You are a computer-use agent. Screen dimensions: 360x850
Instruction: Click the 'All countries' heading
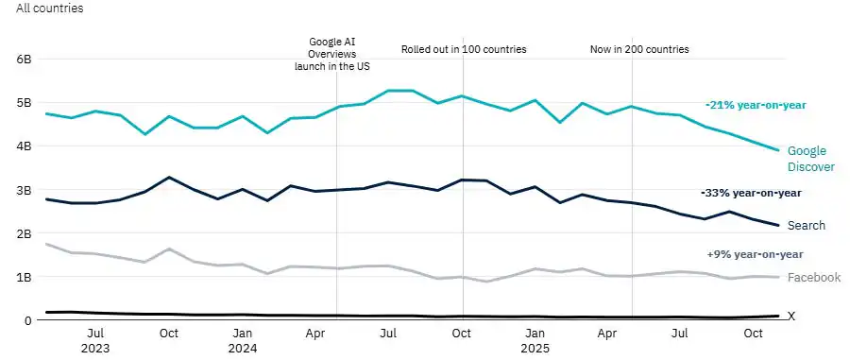click(x=49, y=9)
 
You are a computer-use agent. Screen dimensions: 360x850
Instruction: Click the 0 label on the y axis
click(x=28, y=321)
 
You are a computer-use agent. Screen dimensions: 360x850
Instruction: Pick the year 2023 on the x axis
click(x=95, y=348)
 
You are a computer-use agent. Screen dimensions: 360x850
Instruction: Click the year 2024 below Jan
click(x=243, y=348)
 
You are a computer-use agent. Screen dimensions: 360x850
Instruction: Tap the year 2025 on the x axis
click(x=535, y=348)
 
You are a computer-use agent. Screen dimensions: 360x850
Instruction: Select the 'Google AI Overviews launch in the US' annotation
click(x=337, y=54)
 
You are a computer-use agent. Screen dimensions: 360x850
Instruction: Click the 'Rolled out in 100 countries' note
click(x=464, y=49)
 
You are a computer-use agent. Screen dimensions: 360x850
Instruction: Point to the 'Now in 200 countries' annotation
click(x=639, y=49)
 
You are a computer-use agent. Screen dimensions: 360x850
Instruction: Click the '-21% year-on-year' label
click(x=756, y=105)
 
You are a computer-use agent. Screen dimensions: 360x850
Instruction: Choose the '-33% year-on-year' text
click(x=752, y=193)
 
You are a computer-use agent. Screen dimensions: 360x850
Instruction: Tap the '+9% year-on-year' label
click(x=755, y=254)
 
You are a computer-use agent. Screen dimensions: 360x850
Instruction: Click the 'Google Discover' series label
click(x=810, y=159)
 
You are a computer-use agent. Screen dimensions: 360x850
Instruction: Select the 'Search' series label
click(x=807, y=226)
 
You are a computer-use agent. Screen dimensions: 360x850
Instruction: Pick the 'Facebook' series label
click(x=814, y=278)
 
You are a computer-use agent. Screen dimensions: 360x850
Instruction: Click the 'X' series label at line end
click(x=791, y=317)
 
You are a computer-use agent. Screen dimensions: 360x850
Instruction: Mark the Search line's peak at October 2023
click(x=168, y=178)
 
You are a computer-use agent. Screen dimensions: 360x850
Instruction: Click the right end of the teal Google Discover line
click(x=778, y=150)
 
